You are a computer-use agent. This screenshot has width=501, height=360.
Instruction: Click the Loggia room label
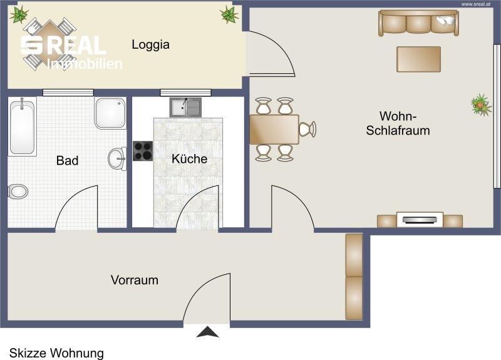pyautogui.click(x=150, y=44)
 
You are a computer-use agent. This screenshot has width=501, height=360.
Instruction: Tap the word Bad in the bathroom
pyautogui.click(x=67, y=160)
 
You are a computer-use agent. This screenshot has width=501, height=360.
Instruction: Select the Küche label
pyautogui.click(x=190, y=159)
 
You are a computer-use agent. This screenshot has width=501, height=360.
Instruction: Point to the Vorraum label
pyautogui.click(x=135, y=280)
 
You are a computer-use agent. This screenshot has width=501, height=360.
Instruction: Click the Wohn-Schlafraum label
pyautogui.click(x=398, y=123)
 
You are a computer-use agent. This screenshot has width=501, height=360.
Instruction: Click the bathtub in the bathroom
pyautogui.click(x=22, y=127)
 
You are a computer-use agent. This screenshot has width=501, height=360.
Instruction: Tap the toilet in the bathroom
pyautogui.click(x=18, y=192)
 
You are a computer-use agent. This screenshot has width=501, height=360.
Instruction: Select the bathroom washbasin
pyautogui.click(x=117, y=158)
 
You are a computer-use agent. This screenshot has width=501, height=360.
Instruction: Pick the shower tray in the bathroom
pyautogui.click(x=110, y=113)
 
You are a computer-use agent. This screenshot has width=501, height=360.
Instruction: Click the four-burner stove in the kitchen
pyautogui.click(x=143, y=151)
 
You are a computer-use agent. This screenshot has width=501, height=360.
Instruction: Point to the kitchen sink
pyautogui.click(x=185, y=107)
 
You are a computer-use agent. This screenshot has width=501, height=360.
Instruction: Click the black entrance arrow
pyautogui.click(x=208, y=332)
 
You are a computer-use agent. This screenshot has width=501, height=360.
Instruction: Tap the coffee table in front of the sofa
pyautogui.click(x=418, y=59)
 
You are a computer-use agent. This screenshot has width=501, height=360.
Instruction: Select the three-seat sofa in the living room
pyautogui.click(x=418, y=23)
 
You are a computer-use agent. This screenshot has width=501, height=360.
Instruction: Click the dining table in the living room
pyautogui.click(x=274, y=130)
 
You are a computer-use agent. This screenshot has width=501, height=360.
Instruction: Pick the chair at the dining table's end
pyautogui.click(x=307, y=129)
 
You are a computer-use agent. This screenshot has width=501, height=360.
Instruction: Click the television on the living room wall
pyautogui.click(x=420, y=220)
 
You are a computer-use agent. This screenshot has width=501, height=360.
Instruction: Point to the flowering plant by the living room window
pyautogui.click(x=480, y=105)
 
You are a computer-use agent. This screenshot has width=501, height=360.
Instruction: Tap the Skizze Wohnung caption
pyautogui.click(x=56, y=353)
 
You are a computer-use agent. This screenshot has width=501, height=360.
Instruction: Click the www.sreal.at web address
pyautogui.click(x=476, y=4)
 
